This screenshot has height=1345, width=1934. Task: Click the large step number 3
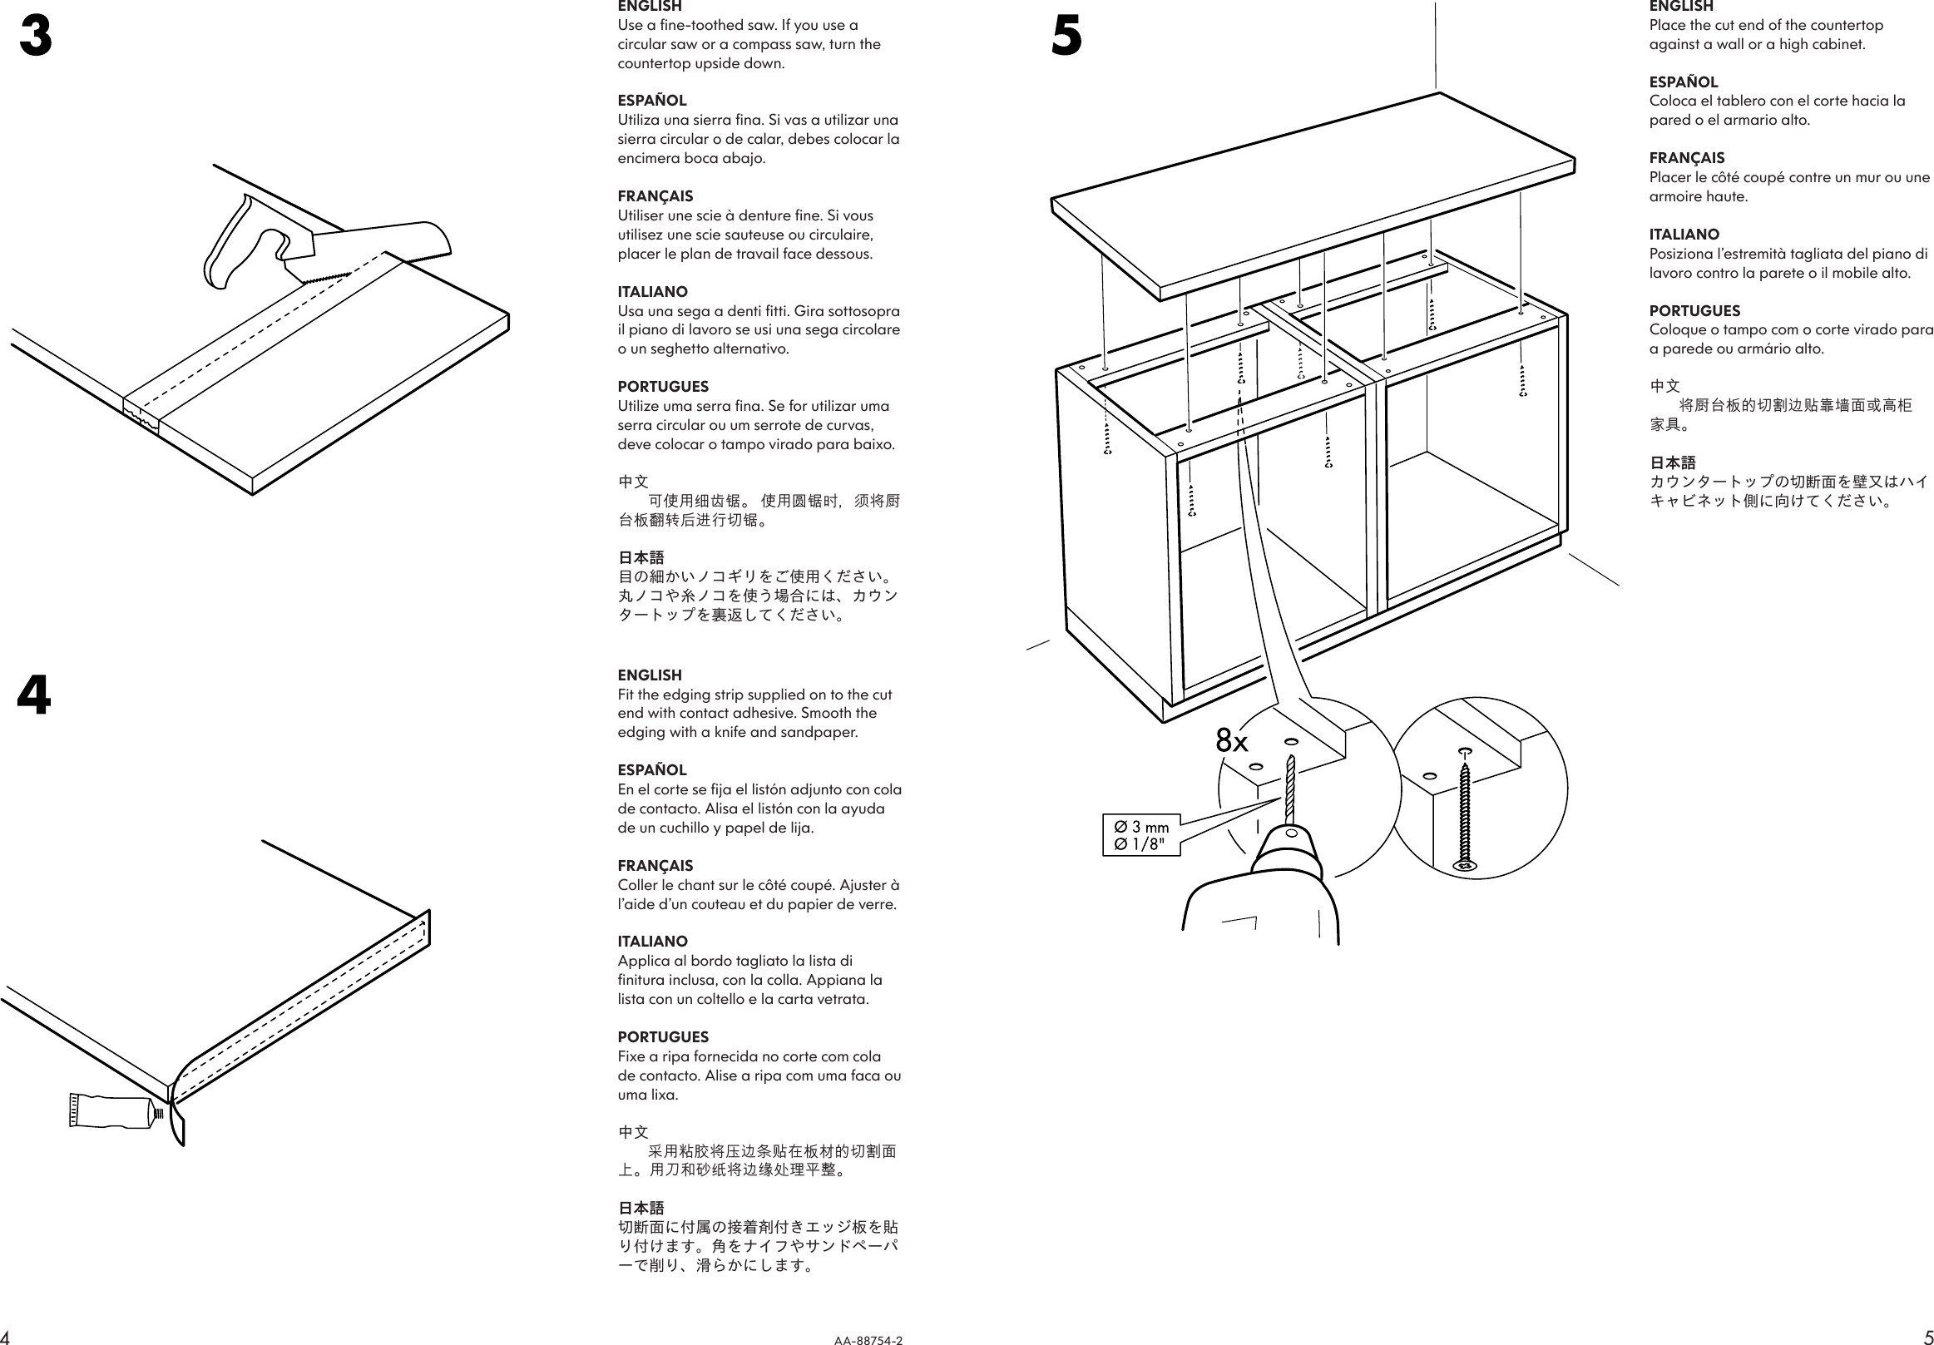[x=36, y=38]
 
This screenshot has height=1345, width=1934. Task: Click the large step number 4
[x=35, y=696]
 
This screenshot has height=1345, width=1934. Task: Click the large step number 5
[x=1066, y=38]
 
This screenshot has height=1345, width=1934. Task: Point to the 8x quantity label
[x=1230, y=741]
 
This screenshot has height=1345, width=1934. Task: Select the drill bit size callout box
[x=1141, y=835]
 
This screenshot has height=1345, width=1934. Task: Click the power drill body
[x=1264, y=901]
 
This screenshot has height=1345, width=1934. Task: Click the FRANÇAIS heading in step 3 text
[x=655, y=196]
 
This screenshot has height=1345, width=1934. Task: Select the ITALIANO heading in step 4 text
[x=652, y=942]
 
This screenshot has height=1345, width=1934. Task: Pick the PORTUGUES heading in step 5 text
[x=1694, y=311]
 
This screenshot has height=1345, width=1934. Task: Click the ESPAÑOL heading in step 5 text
[x=1683, y=82]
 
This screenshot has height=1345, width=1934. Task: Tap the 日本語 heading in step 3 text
[x=641, y=557]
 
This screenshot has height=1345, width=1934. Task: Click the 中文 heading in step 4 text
[x=632, y=1132]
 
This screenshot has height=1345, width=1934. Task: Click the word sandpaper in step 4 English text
[x=821, y=732]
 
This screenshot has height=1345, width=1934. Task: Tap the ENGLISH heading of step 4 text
[x=650, y=675]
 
